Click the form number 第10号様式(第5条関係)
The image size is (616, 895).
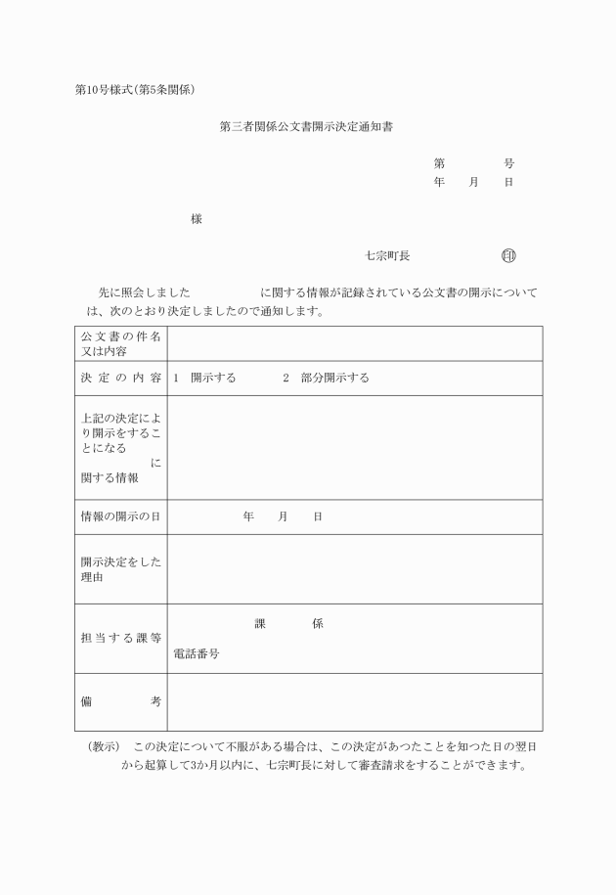136,91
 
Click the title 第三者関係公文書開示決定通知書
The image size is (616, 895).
306,127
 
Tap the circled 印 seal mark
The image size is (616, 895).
508,256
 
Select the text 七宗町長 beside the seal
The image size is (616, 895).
387,256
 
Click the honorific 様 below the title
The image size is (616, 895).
197,219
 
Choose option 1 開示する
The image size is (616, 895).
204,378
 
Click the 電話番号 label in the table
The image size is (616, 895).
196,654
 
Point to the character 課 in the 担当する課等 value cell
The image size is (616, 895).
260,624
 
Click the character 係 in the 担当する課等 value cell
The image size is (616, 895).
318,624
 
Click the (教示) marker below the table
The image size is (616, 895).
103,747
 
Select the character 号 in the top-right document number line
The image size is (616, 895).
508,164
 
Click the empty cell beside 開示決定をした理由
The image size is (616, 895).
354,569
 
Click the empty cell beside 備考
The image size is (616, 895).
354,701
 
